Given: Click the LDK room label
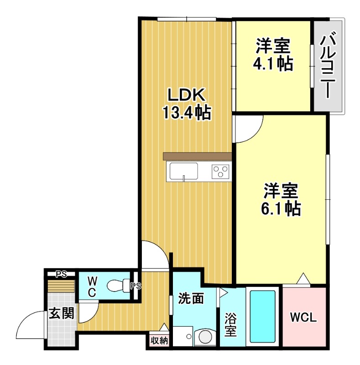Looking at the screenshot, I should (x=186, y=95).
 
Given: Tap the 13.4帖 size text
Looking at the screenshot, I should (x=187, y=112).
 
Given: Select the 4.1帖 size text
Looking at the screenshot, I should (x=273, y=64).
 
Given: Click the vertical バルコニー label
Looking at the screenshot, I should (x=326, y=67).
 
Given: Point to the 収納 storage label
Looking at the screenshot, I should (x=159, y=340).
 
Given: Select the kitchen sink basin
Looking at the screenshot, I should (x=184, y=172).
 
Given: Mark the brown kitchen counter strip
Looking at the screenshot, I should (x=197, y=156).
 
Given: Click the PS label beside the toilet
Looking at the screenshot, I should (x=136, y=287).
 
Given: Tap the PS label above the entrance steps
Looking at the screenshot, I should (x=61, y=274).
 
